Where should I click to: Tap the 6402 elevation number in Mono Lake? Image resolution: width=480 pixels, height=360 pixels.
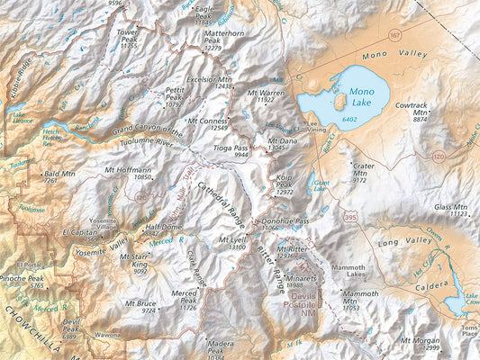click(349, 121)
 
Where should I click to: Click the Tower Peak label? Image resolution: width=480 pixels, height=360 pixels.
click(129, 37)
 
